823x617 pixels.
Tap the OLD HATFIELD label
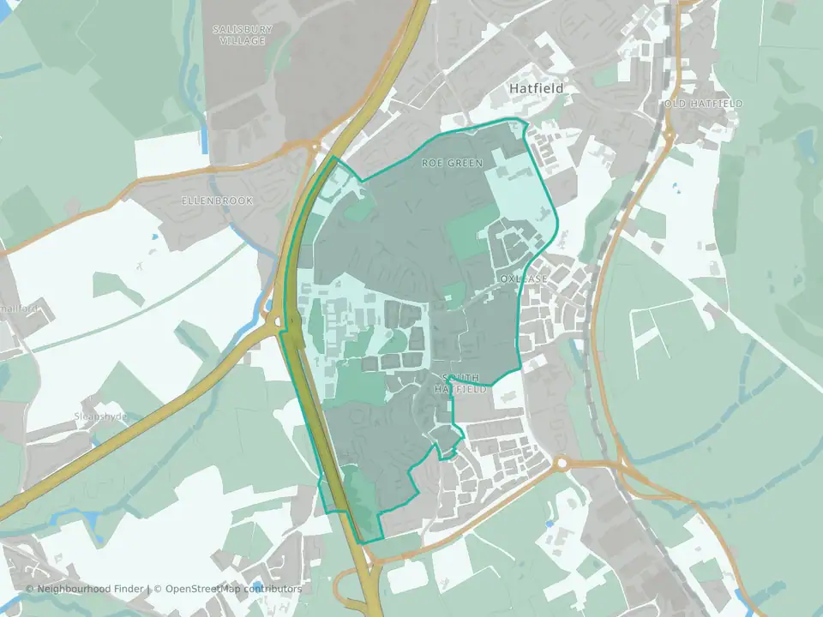pyautogui.click(x=703, y=104)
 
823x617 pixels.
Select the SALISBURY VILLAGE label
pyautogui.click(x=243, y=34)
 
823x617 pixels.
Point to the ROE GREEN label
pyautogui.click(x=452, y=162)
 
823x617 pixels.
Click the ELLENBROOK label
pyautogui.click(x=207, y=201)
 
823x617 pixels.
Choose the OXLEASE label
pyautogui.click(x=523, y=279)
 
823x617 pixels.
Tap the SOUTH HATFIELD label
pyautogui.click(x=464, y=383)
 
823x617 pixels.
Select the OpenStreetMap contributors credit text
pyautogui.click(x=233, y=589)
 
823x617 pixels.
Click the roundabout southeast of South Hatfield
pyautogui.click(x=562, y=464)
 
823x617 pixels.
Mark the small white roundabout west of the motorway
pyautogui.click(x=277, y=322)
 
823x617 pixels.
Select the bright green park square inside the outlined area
pyautogui.click(x=470, y=232)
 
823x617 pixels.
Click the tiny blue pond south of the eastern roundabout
pyautogui.click(x=550, y=524)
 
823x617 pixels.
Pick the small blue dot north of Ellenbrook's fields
pyautogui.click(x=154, y=237)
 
